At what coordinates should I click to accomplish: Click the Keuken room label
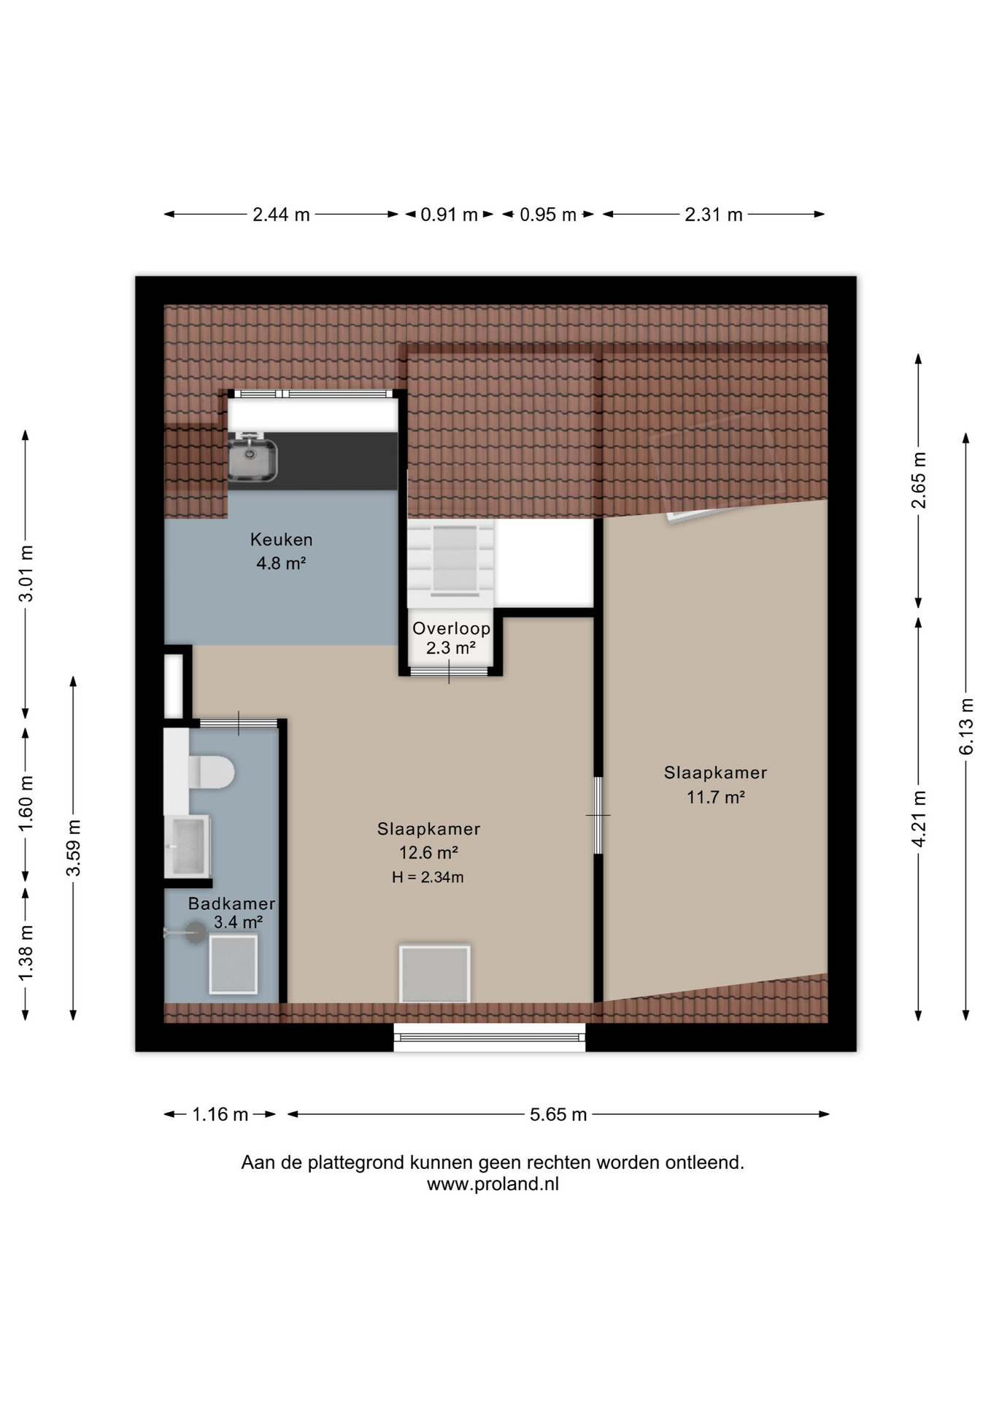coord(281,539)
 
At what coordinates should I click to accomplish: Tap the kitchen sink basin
coord(252,460)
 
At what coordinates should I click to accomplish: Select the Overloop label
coord(451,628)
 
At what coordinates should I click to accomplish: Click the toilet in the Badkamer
coord(212,772)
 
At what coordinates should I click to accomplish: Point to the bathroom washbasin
coord(188,846)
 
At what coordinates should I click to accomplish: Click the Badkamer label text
coord(231,903)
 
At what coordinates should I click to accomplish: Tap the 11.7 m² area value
coord(715,797)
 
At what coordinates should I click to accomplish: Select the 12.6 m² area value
coord(428,852)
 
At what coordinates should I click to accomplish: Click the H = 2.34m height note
coord(428,877)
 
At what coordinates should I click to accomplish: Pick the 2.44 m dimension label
coord(281,215)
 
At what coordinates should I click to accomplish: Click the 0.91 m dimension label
coord(449,215)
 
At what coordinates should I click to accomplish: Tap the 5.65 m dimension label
coord(558,1114)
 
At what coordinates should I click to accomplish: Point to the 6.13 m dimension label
coord(966,726)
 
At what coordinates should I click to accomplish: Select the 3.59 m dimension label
coord(73,847)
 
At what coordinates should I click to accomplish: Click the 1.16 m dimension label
coord(220,1114)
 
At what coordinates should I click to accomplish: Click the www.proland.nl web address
coord(493,1184)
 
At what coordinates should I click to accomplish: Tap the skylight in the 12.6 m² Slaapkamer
coord(434,974)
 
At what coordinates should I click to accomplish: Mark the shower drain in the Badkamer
coord(196,933)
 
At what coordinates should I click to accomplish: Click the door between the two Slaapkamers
coord(598,815)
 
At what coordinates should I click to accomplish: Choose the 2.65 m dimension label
coord(919,480)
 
